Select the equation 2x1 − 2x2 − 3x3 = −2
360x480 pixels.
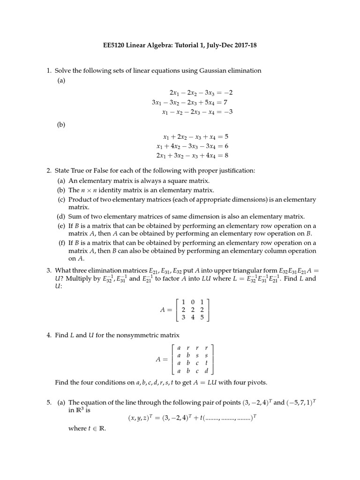point(201,93)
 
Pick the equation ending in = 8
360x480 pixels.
point(192,155)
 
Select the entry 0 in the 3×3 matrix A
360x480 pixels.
point(192,301)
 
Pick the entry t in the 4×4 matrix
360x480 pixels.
point(206,364)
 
